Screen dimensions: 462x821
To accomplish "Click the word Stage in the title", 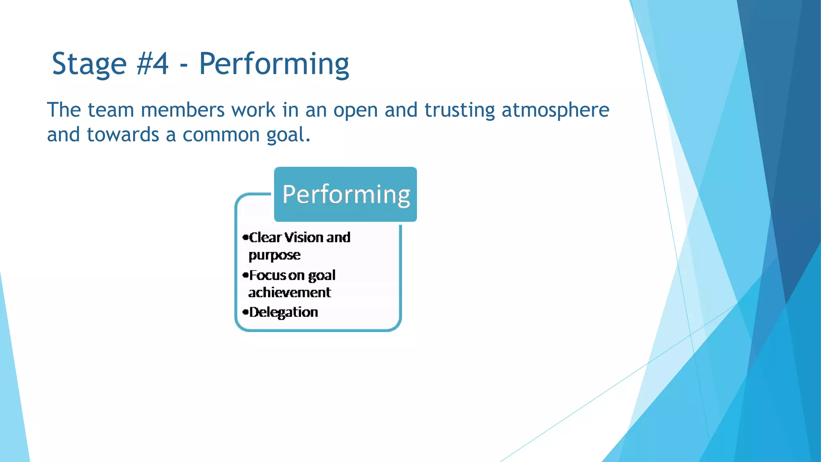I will (89, 64).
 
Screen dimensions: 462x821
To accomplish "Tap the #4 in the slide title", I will (152, 64).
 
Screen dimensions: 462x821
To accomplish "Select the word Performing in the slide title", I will (274, 64).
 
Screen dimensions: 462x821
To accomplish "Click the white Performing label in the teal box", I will (346, 195).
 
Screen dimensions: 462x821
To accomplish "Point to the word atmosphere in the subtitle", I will (555, 110).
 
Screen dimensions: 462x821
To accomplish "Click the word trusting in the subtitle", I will (459, 111).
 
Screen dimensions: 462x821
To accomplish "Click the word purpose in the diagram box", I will (274, 255).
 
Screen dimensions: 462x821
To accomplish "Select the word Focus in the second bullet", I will (268, 275).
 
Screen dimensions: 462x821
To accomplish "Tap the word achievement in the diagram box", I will (289, 292).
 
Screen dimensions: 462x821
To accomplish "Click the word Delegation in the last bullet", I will (283, 312).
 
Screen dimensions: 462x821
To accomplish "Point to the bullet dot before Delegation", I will (245, 312).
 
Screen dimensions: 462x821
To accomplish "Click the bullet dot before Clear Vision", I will (245, 237).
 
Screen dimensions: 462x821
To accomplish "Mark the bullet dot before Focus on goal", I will (245, 275).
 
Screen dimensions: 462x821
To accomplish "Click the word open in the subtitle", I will (355, 111).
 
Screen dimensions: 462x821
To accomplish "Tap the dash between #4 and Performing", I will (184, 65).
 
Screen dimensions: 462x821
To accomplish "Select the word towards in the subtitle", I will (123, 135).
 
